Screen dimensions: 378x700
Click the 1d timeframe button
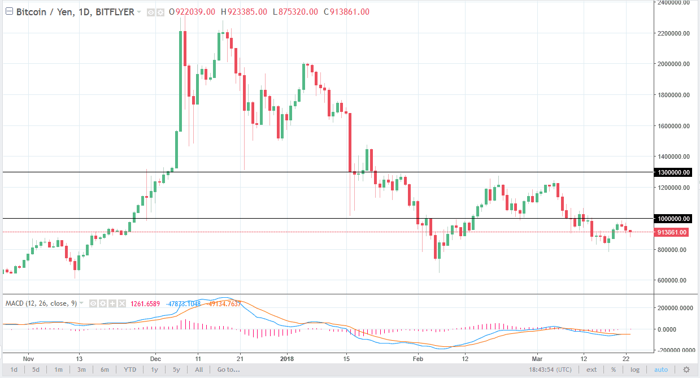pos(14,370)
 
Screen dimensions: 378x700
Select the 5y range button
pos(176,370)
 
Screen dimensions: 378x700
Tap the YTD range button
pos(131,370)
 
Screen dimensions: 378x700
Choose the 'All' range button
pos(199,370)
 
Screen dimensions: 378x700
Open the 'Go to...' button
pos(228,370)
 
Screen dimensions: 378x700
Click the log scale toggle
pos(635,370)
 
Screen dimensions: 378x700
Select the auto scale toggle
pos(660,370)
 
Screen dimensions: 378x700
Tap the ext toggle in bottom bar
pos(592,370)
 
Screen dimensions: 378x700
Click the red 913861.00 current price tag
pos(672,232)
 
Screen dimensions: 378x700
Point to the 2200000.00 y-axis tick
pos(672,34)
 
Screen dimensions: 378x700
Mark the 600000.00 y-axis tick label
pos(672,280)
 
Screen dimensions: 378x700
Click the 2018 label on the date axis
pos(287,358)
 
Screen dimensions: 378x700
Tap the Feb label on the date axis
pos(418,358)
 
